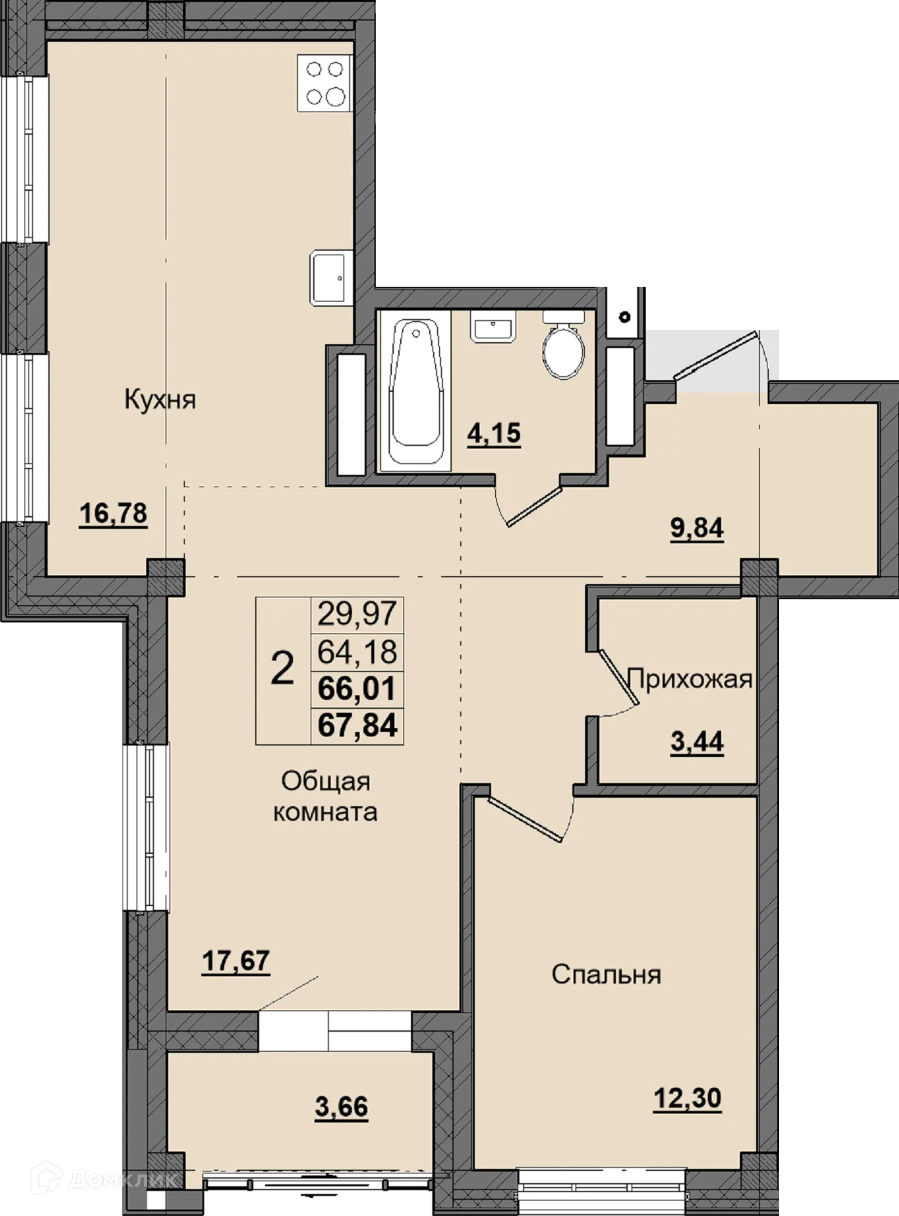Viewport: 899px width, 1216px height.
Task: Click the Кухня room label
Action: tap(160, 400)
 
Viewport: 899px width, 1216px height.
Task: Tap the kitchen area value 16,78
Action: tap(113, 514)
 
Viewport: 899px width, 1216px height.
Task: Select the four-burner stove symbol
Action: tap(325, 83)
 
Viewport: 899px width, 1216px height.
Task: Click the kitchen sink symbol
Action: tap(331, 278)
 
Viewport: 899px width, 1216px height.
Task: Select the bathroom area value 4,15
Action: tap(494, 434)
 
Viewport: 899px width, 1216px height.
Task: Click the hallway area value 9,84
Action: tap(697, 528)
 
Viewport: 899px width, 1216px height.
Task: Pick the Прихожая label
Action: tap(690, 679)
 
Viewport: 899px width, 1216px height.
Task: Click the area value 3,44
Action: tap(697, 742)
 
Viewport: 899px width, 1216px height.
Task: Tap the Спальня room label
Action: tap(606, 974)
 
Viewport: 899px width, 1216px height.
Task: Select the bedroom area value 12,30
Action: tap(688, 1098)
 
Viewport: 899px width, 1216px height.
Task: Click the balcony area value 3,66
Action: tap(342, 1107)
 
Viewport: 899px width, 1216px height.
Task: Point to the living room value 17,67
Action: tap(236, 961)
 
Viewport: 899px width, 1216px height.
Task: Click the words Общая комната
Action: tap(325, 796)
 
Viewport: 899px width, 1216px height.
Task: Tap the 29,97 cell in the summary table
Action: tap(357, 613)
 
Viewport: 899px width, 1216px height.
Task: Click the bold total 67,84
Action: tap(358, 725)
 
